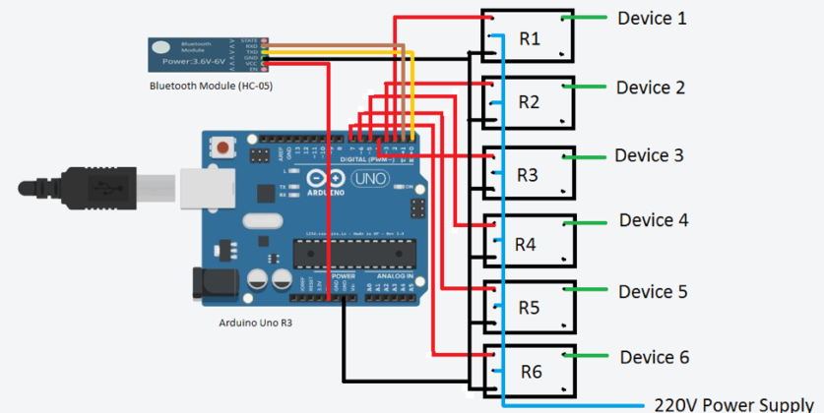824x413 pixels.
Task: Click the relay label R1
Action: click(x=530, y=38)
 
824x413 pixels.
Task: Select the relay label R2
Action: click(x=530, y=102)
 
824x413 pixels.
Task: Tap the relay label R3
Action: click(x=528, y=175)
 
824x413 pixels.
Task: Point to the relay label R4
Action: click(x=527, y=243)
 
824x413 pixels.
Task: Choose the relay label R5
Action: click(x=529, y=307)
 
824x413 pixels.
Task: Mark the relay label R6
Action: click(x=531, y=372)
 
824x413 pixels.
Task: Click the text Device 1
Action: click(x=652, y=18)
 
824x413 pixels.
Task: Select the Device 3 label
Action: click(x=649, y=155)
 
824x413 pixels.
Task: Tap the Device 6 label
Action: click(x=655, y=356)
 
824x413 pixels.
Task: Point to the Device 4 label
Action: click(x=653, y=220)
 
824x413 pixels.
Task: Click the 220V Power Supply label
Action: click(x=732, y=403)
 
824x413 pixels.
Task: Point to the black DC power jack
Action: click(x=212, y=283)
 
